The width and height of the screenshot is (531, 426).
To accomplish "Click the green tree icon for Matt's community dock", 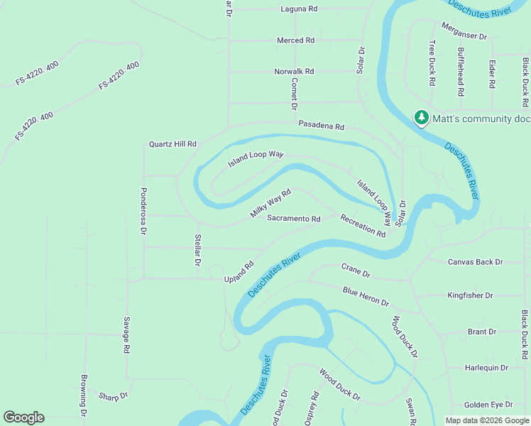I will click(422, 117).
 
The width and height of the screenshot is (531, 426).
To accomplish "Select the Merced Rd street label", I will click(295, 40).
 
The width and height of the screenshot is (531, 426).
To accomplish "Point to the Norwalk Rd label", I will click(294, 72).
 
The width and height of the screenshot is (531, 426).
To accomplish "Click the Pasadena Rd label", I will click(321, 125).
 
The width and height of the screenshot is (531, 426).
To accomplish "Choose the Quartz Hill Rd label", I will click(172, 143).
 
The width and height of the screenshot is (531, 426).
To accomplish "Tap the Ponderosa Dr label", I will click(143, 211).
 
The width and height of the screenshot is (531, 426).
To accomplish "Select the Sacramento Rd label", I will click(294, 219).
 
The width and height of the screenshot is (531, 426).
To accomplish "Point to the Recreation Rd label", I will click(362, 226).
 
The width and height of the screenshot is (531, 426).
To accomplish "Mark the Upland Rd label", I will click(239, 271).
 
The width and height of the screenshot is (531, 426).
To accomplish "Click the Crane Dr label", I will click(356, 271).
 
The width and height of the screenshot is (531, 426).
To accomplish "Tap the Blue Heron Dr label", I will click(366, 297).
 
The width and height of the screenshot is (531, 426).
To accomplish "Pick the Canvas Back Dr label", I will click(475, 262).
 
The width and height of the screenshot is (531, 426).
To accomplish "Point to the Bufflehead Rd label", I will click(461, 72).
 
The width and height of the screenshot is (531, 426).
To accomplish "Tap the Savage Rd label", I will click(126, 335).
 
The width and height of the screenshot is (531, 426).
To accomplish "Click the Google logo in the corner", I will click(23, 417).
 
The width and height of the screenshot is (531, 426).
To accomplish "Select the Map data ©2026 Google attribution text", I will click(486, 420).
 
